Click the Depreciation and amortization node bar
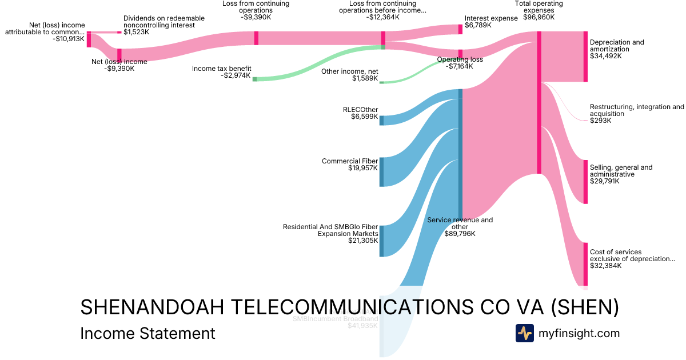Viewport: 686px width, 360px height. [585, 57]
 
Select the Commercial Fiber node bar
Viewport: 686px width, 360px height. [381, 171]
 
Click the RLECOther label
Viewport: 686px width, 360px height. [360, 110]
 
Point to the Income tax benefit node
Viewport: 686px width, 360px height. [255, 79]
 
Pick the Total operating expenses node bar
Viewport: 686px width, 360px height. [539, 102]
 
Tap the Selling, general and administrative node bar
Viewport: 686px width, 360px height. [585, 182]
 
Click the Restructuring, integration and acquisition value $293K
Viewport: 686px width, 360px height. [601, 121]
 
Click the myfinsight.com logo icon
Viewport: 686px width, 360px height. [524, 333]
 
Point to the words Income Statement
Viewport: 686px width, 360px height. [147, 333]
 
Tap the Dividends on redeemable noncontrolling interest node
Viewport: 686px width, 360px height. [119, 33]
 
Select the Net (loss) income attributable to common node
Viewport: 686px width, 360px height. [89, 39]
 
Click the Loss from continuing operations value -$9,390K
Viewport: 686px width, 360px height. [256, 17]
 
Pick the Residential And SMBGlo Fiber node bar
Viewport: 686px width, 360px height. [381, 241]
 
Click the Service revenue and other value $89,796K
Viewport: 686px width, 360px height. [460, 234]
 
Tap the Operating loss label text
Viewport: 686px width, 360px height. [460, 59]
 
